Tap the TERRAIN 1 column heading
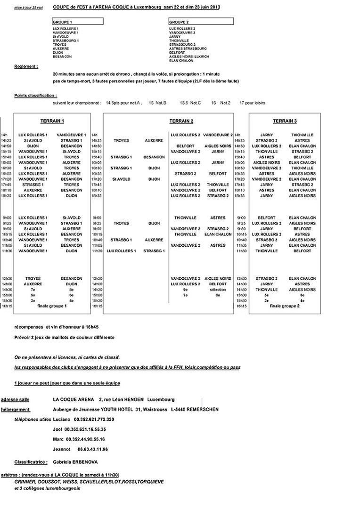click(52, 121)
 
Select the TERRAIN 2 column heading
click(181, 121)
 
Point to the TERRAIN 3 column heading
click(285, 121)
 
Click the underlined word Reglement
click(26, 67)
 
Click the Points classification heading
click(35, 96)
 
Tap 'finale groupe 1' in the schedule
click(52, 306)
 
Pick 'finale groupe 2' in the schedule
click(285, 306)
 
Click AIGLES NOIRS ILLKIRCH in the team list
click(188, 57)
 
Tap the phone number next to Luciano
click(94, 419)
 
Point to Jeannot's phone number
click(90, 449)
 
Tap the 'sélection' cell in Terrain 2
click(218, 290)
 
